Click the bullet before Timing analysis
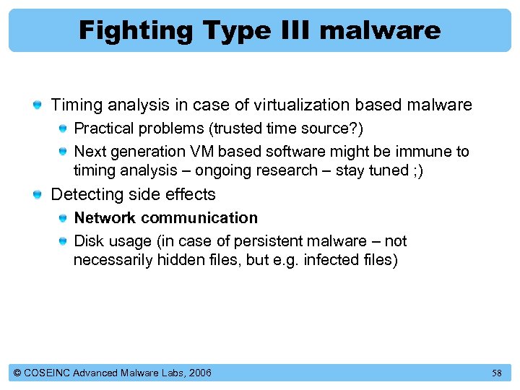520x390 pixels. [x=37, y=106]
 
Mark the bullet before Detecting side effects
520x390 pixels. [x=37, y=195]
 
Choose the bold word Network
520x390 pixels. [x=104, y=218]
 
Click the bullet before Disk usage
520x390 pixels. [x=64, y=241]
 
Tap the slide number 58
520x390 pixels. [x=496, y=373]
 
